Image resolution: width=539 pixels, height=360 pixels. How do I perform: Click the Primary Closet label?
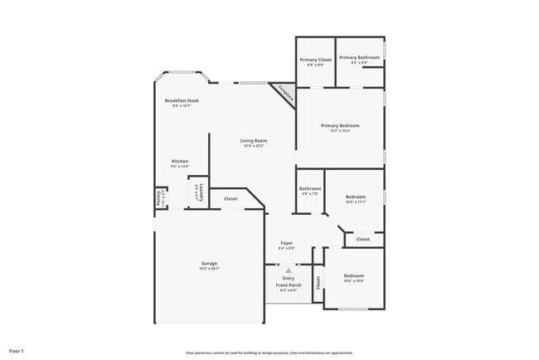[315, 60]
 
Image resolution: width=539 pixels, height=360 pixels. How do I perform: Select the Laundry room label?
[200, 192]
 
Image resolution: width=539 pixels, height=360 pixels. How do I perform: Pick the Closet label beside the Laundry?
[231, 199]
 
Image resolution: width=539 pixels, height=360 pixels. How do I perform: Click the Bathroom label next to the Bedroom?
[310, 190]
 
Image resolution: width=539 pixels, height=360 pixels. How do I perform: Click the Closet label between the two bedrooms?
[363, 239]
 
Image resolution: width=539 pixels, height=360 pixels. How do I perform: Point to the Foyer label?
[286, 246]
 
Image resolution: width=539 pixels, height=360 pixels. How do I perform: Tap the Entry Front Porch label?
[288, 282]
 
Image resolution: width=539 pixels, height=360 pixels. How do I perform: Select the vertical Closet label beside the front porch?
[317, 282]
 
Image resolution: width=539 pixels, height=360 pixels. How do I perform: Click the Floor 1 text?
[17, 352]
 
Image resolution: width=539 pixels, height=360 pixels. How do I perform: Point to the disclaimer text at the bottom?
[269, 352]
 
